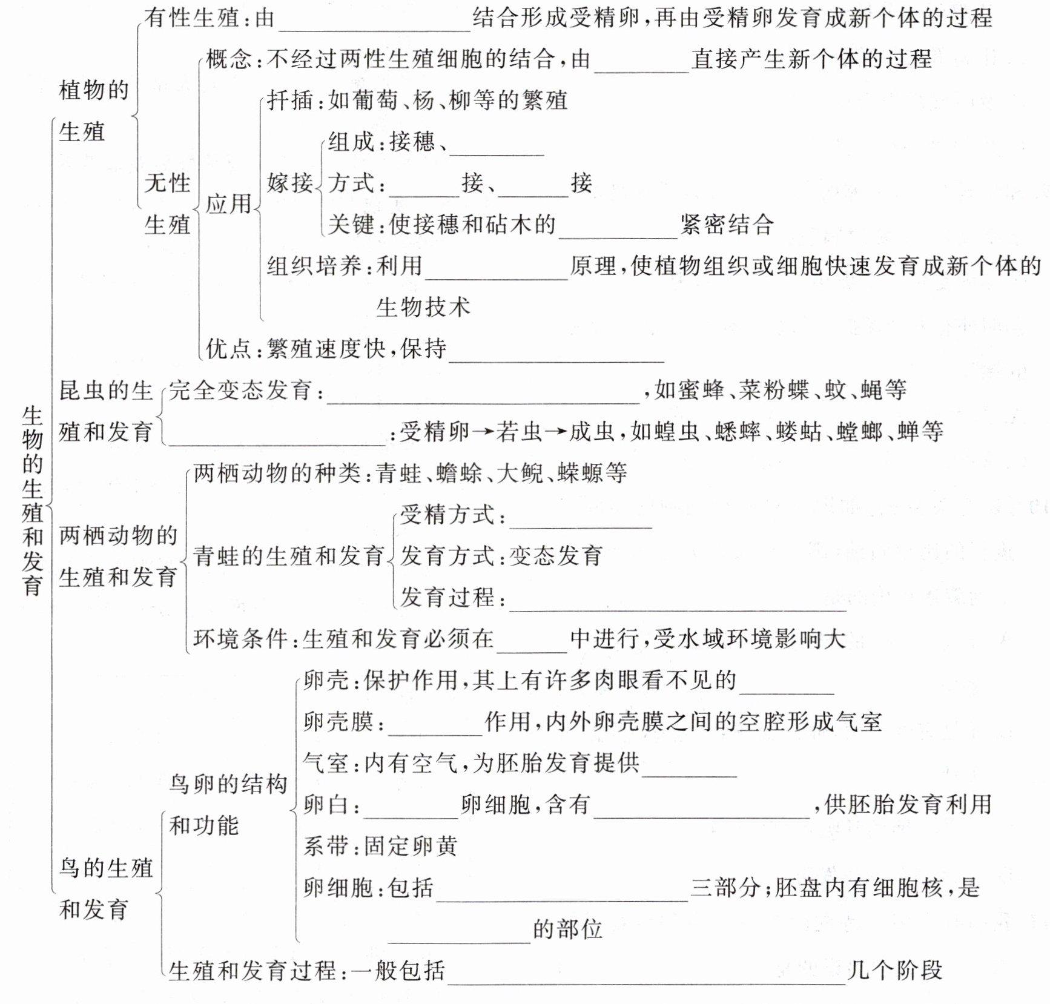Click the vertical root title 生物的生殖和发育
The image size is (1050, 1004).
click(32, 500)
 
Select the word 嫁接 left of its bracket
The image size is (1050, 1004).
click(290, 183)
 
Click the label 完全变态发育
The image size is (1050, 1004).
click(240, 391)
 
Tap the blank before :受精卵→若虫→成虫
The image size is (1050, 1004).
click(276, 437)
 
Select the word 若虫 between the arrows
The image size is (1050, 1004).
click(519, 432)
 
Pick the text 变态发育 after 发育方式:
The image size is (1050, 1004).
click(556, 556)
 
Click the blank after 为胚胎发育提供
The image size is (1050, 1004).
click(688, 768)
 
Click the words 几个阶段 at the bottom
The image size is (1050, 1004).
click(895, 971)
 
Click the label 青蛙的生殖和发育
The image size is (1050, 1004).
click(289, 556)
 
